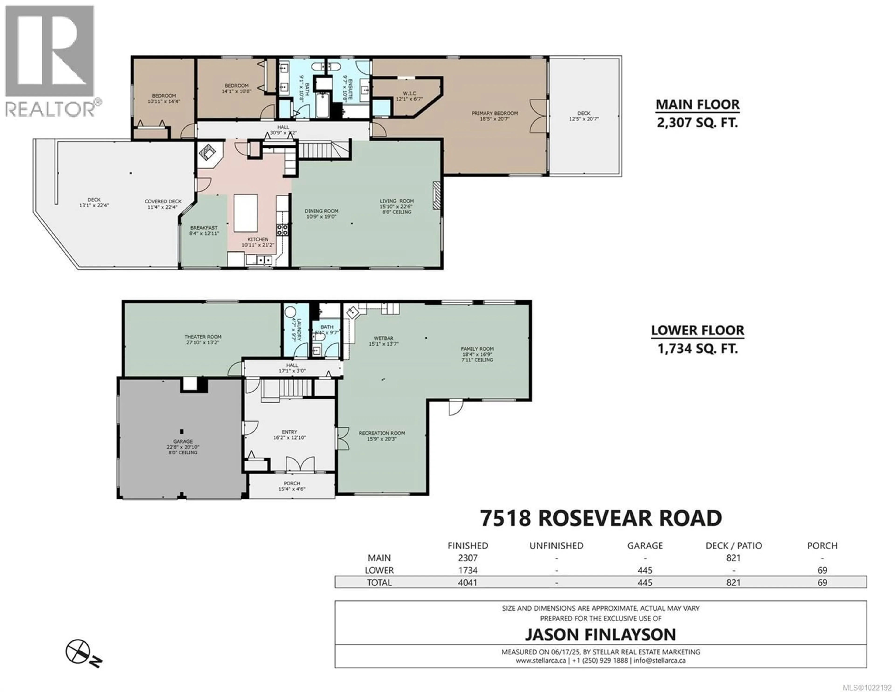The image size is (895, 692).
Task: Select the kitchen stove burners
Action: click(282, 230)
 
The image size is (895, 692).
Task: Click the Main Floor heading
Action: click(698, 104)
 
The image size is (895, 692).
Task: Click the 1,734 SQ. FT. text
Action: click(698, 349)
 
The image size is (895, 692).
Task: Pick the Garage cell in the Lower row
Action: click(645, 570)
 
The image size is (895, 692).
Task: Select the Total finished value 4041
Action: click(468, 583)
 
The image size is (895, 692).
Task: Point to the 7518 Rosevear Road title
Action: click(601, 518)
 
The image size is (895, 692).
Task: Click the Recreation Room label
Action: click(382, 433)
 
